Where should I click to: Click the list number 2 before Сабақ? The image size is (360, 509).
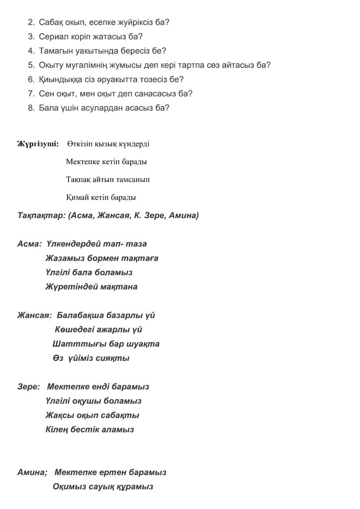(30, 22)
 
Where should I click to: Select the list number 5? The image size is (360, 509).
(30, 65)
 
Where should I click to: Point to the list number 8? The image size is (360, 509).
(30, 107)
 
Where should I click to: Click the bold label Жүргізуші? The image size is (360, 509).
(38, 144)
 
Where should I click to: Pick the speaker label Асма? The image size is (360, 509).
(29, 244)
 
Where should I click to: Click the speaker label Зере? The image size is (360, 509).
(28, 387)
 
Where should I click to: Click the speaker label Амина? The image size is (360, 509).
(32, 472)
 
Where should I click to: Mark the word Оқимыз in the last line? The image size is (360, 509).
(69, 487)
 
